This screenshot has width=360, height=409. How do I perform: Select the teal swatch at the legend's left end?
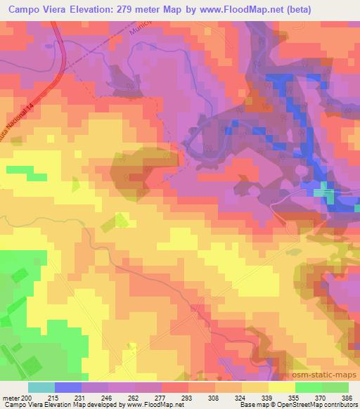41,387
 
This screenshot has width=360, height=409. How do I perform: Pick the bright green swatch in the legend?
308,387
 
